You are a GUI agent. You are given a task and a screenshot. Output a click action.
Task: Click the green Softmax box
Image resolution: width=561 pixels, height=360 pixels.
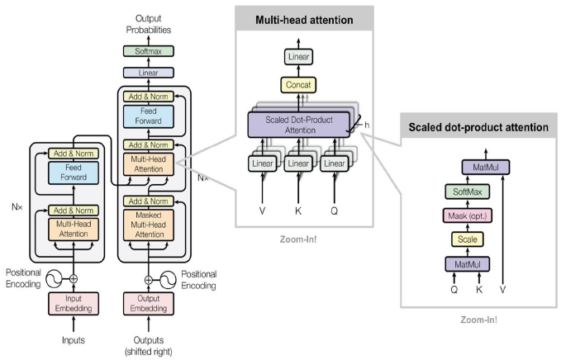[x=149, y=51]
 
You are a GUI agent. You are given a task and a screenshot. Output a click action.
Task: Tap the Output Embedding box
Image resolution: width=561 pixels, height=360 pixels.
[x=149, y=301]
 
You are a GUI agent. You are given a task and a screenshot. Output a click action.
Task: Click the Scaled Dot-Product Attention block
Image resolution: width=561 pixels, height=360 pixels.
[x=300, y=125]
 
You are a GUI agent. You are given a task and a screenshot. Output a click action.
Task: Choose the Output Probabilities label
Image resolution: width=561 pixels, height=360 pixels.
[x=149, y=23]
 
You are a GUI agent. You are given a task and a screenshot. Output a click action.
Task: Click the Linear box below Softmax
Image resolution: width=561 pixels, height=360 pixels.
[x=149, y=73]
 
